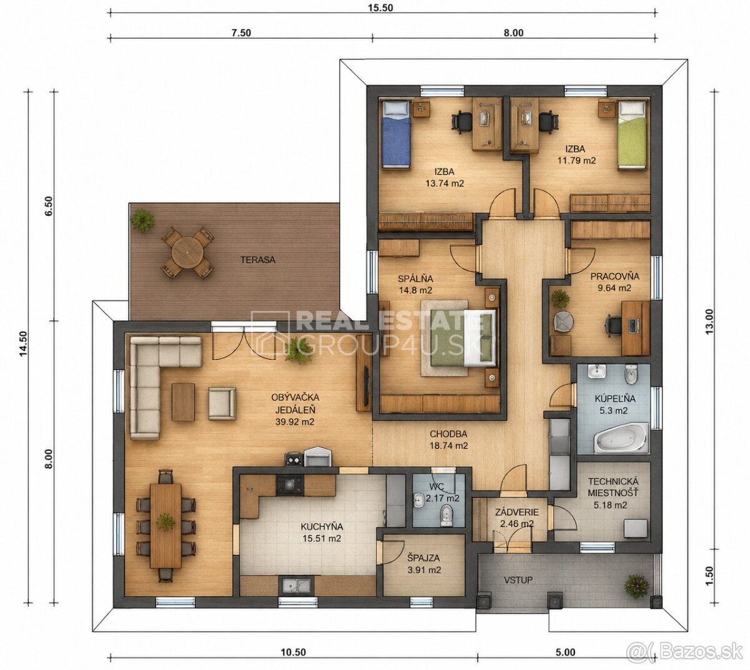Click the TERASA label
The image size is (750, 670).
(257, 260)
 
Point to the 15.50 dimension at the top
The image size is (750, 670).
(380, 8)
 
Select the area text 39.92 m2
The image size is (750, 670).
(294, 422)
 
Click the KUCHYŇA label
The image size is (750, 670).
(322, 527)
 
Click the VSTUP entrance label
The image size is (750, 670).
(518, 580)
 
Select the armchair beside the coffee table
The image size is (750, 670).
(222, 404)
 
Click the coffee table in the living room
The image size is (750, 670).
(183, 402)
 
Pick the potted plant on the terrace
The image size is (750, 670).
(143, 220)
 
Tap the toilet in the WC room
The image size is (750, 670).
(446, 516)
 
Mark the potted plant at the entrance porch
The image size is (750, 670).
(636, 586)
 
